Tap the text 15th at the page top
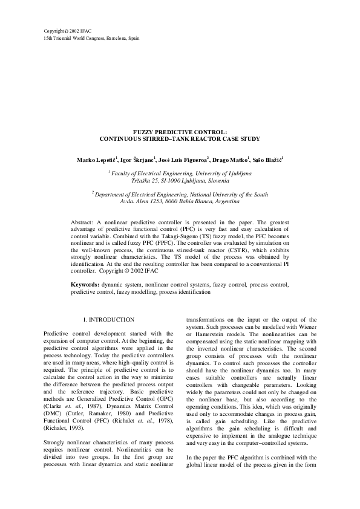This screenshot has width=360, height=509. tap(49, 37)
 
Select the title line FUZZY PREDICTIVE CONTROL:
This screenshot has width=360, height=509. tap(180, 131)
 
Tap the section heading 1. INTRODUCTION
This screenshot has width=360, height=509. tap(108, 319)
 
